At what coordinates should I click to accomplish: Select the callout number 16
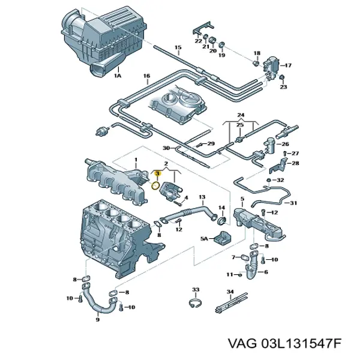(146, 76)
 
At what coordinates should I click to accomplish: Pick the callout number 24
(242, 115)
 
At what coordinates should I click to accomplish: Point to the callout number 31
(293, 203)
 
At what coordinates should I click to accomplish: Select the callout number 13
(202, 197)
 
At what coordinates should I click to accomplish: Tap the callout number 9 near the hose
(98, 320)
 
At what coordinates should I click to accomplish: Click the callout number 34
(230, 291)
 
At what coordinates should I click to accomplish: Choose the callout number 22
(197, 41)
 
